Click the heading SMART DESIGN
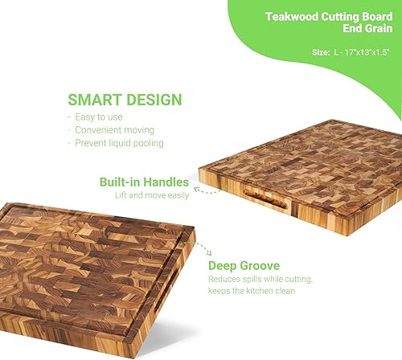pos(125,100)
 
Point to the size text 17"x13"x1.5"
pos(363,52)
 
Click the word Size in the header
pos(320,52)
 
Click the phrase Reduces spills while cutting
pos(260,279)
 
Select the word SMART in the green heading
pos(92,100)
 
